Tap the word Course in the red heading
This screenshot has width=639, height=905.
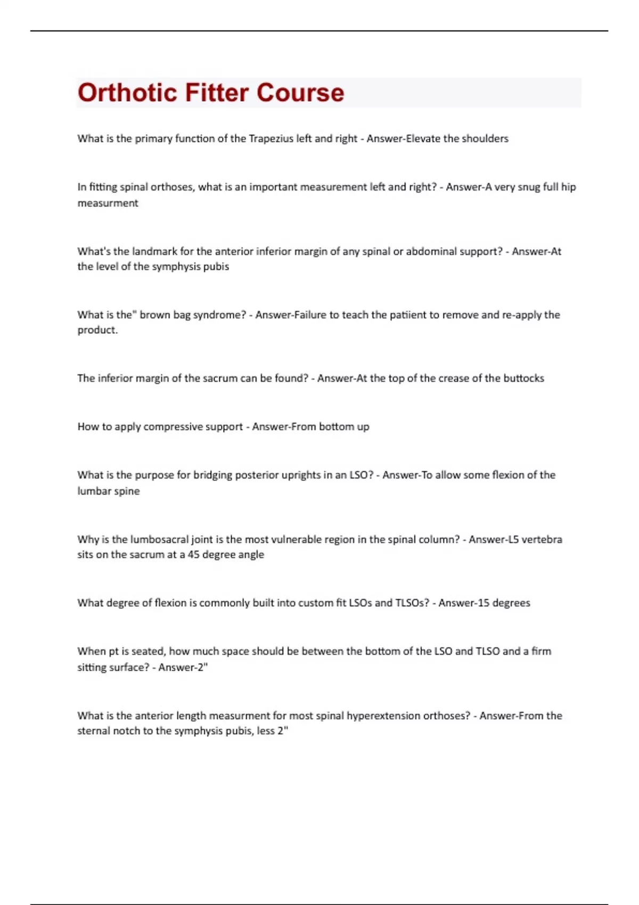[300, 93]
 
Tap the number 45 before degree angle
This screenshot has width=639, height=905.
[194, 555]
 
